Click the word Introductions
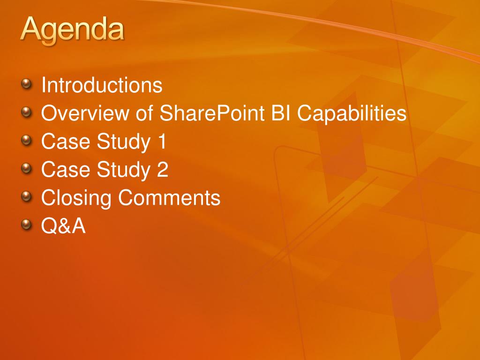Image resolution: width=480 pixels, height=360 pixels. click(x=102, y=85)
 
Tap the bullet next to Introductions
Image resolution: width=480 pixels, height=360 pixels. click(x=27, y=83)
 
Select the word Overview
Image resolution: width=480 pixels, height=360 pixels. click(x=85, y=113)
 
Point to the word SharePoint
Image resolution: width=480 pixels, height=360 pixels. click(x=212, y=113)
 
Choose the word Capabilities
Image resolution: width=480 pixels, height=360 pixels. click(x=352, y=113)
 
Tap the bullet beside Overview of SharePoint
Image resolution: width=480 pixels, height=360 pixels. click(x=27, y=112)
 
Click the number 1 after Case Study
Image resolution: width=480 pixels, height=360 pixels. click(x=162, y=141)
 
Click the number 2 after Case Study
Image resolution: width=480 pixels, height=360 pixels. click(x=163, y=169)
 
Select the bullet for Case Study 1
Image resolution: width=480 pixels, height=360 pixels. click(x=27, y=140)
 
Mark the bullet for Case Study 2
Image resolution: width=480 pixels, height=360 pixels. click(x=27, y=168)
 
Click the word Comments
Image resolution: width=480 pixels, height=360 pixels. click(x=169, y=197)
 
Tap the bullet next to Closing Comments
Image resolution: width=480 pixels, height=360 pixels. click(x=27, y=196)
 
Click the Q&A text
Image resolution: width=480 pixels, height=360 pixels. click(x=63, y=225)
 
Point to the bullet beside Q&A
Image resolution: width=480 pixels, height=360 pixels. click(x=27, y=224)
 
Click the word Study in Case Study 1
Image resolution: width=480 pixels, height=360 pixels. click(x=124, y=142)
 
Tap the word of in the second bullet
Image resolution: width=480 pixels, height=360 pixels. click(x=144, y=113)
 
